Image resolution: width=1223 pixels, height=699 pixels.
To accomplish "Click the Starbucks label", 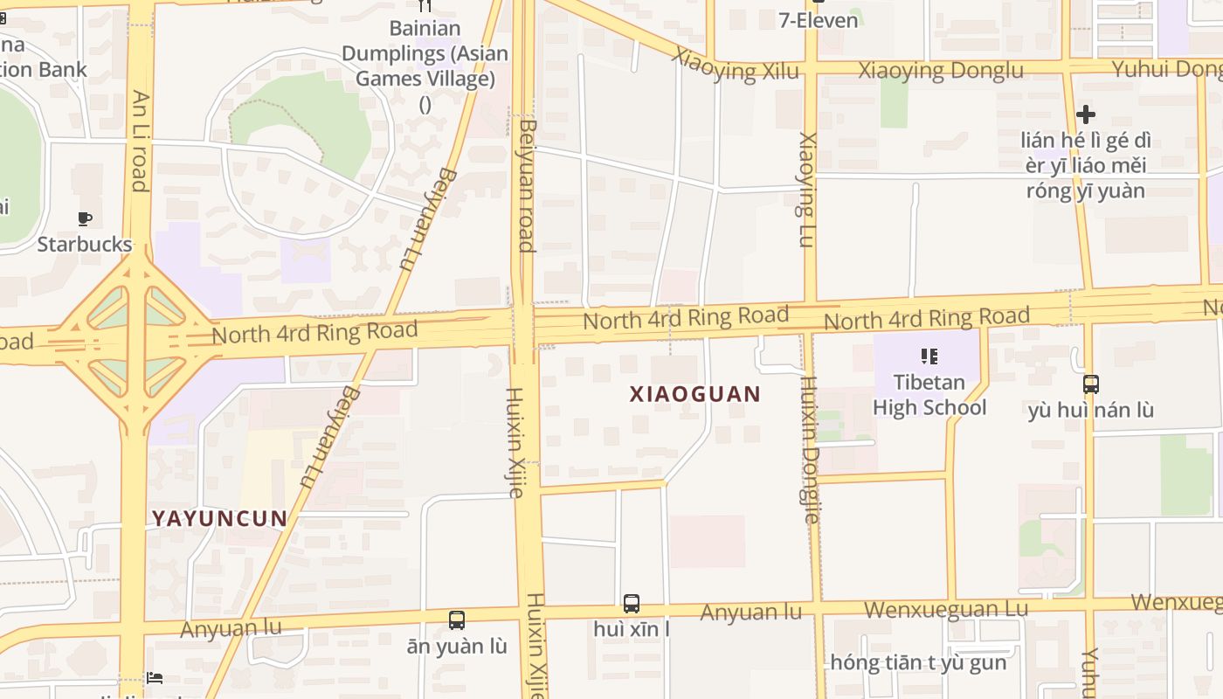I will point(85,244).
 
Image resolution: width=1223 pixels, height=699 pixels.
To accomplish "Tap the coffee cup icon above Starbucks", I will point(85,218).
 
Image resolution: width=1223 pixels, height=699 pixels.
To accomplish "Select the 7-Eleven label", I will point(819,20).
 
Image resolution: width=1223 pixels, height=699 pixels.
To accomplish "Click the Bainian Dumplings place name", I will point(425,53).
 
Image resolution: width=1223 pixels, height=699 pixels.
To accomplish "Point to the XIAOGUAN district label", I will point(695,394).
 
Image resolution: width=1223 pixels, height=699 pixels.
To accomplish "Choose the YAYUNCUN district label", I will point(220,518).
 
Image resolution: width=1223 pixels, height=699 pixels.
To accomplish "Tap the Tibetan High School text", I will point(929,395).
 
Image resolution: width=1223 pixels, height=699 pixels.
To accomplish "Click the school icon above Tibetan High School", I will point(929,356).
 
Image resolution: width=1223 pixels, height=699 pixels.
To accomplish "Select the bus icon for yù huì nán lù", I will point(1090,384).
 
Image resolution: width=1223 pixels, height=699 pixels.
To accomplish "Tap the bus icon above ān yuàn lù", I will point(456,620).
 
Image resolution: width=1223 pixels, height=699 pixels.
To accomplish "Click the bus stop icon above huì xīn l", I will point(631,603).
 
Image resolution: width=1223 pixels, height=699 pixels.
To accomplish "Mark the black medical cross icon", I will point(1085,114).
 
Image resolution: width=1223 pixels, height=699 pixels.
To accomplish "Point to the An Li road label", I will point(140,140).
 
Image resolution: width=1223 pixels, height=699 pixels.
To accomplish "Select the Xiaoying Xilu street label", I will point(735,66).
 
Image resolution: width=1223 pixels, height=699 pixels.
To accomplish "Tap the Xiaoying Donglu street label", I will point(941,71).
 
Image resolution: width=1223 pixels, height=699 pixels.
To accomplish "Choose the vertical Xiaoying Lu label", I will point(807,190).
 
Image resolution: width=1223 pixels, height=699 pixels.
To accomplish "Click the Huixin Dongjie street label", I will point(810,449).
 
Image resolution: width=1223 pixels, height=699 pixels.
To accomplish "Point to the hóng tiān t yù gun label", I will point(918,662).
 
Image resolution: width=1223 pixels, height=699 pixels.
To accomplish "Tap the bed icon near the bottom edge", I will point(154,678).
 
